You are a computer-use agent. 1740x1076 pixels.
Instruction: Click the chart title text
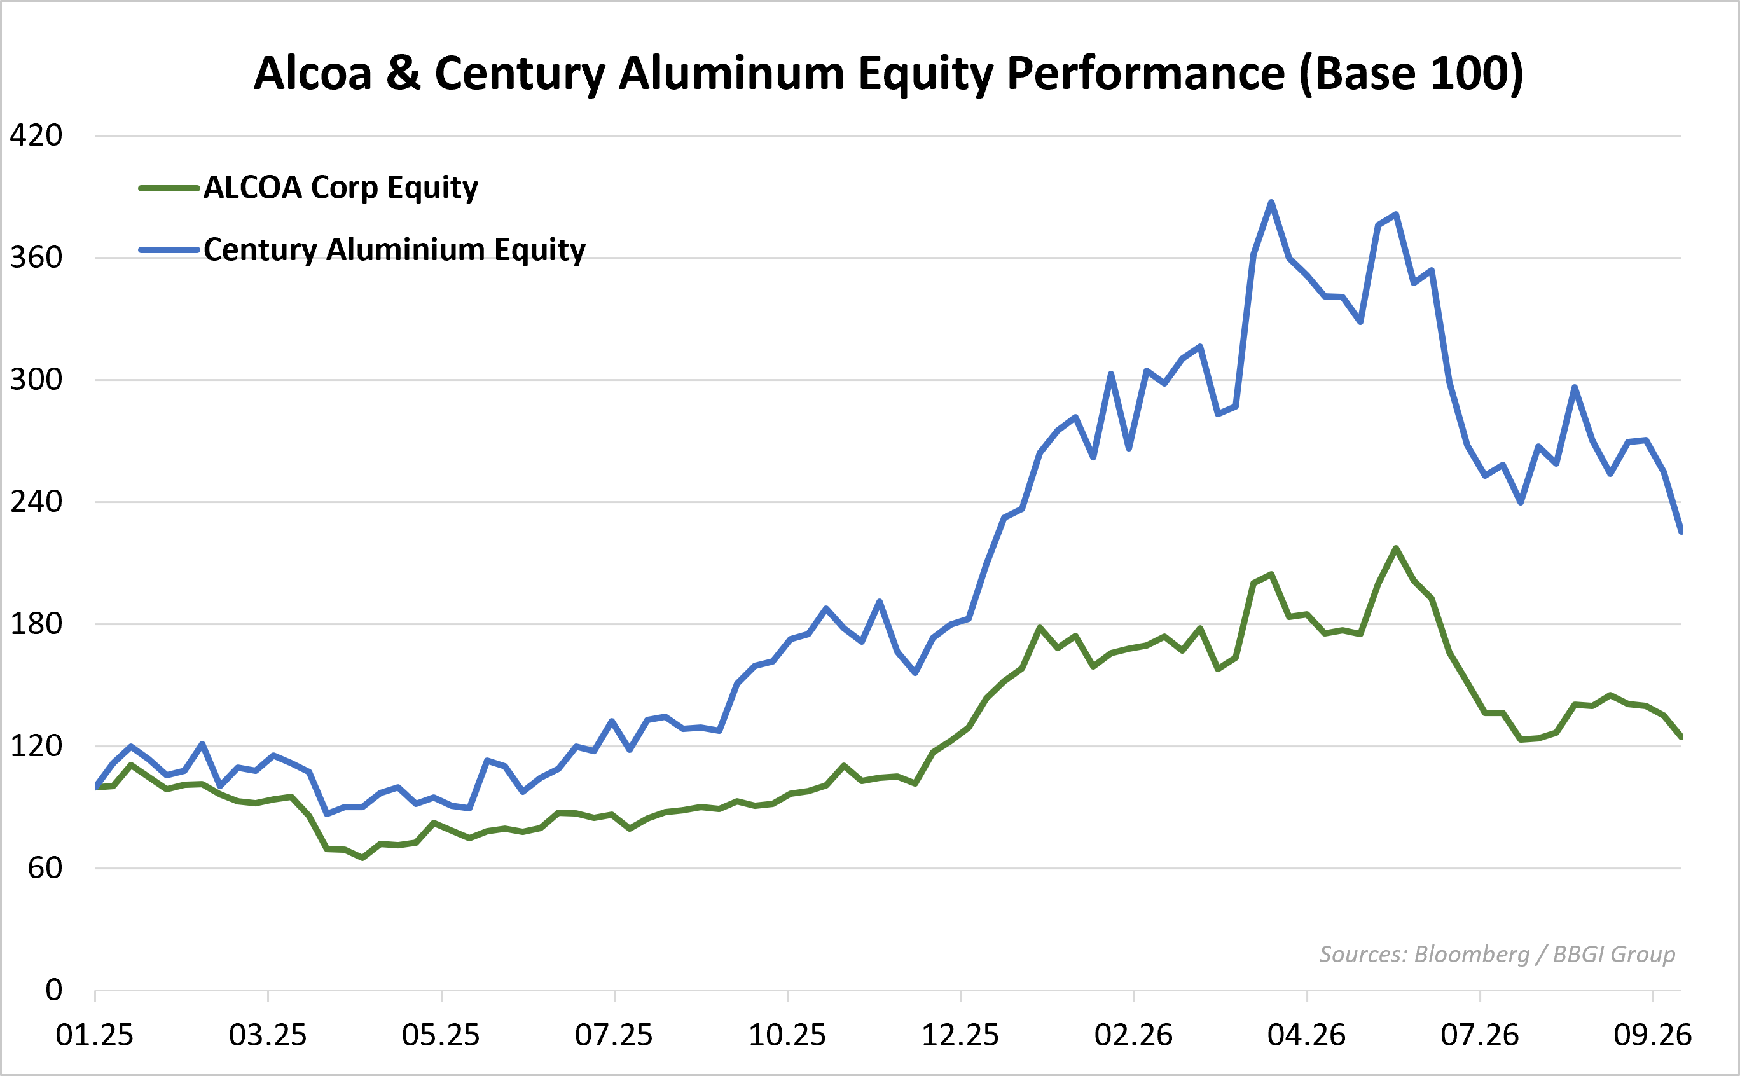[888, 74]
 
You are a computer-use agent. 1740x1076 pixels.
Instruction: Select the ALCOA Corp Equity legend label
[341, 188]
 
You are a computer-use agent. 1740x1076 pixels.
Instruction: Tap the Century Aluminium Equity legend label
[394, 250]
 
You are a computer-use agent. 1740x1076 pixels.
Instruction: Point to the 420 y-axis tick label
[36, 135]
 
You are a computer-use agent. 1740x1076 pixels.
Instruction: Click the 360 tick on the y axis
[36, 258]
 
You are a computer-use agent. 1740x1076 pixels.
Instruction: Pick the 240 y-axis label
[36, 502]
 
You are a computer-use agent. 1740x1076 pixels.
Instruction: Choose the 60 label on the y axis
[45, 868]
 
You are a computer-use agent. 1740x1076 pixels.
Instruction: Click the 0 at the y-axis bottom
[53, 990]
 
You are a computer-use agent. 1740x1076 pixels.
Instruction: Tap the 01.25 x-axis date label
[95, 1035]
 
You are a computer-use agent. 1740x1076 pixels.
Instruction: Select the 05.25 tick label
[441, 1035]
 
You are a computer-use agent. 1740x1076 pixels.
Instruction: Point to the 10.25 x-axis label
[787, 1035]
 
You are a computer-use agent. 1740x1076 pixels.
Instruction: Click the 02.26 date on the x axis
[1134, 1035]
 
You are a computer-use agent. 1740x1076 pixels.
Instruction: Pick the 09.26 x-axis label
[1652, 1035]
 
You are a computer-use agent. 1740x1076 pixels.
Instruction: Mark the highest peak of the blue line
[1271, 202]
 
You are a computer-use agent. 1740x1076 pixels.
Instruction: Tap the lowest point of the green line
[363, 859]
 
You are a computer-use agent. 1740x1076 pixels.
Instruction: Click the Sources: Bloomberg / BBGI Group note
[1497, 955]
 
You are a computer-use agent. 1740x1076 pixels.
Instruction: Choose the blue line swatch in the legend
[169, 250]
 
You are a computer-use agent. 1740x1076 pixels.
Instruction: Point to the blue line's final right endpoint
[1681, 532]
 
